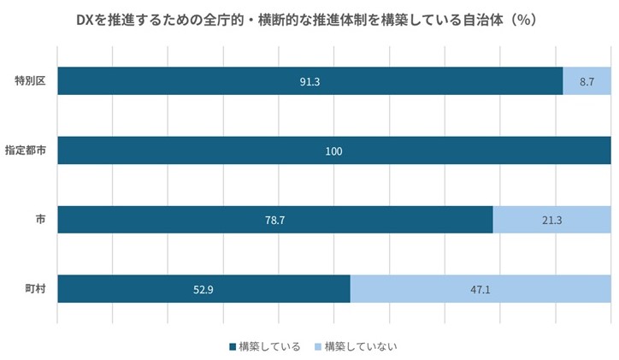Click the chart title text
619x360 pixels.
tap(309, 18)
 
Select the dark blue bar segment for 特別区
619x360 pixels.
tap(214, 81)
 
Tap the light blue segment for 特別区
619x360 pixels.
tap(587, 81)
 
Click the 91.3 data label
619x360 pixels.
tap(309, 81)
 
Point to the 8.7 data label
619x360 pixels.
tap(587, 81)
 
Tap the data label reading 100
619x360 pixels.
tap(333, 151)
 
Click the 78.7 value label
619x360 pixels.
tap(274, 220)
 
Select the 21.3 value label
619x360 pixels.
tap(551, 220)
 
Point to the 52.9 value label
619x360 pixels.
tap(203, 289)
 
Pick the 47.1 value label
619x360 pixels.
tap(480, 289)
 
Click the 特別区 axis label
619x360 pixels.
tap(30, 81)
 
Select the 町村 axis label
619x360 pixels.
tap(35, 288)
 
